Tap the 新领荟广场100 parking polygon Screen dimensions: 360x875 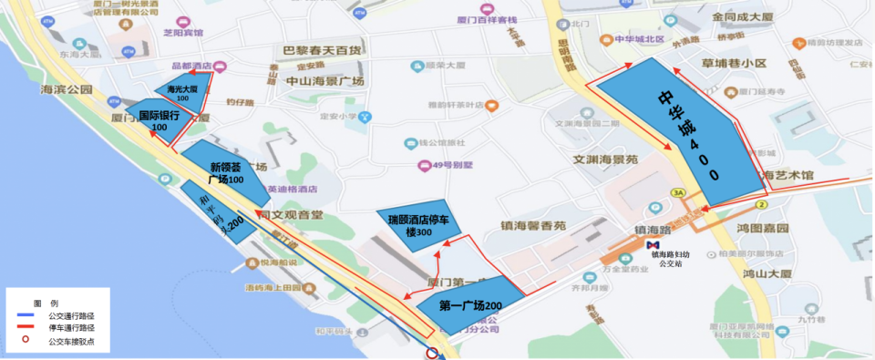[x=225, y=172]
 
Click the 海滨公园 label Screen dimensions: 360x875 [x=67, y=90]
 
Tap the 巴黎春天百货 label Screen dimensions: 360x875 [x=322, y=50]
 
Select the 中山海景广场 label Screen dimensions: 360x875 [x=325, y=81]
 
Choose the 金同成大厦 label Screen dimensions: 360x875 [x=743, y=17]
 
